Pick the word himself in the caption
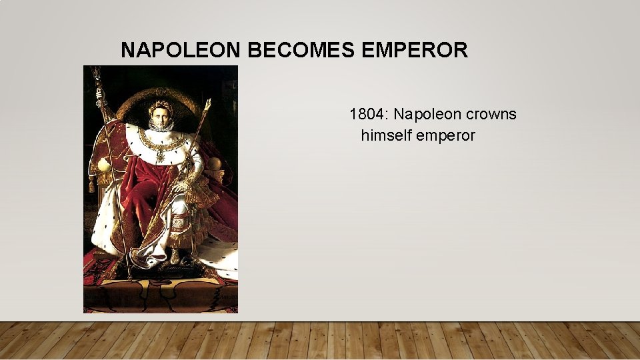[386, 135]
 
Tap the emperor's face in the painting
[159, 119]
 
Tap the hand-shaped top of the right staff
[207, 105]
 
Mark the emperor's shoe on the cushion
[175, 257]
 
